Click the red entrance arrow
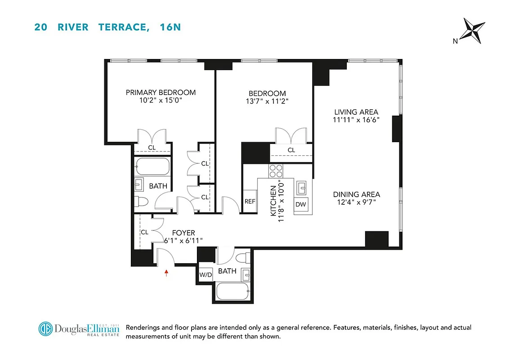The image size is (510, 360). click(166, 272)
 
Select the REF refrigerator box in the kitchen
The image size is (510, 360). click(250, 202)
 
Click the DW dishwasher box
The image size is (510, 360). click(300, 204)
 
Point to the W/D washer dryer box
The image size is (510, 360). click(206, 274)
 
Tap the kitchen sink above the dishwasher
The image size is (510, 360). click(301, 187)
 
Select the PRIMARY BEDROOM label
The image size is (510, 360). click(161, 92)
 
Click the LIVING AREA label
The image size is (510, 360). click(356, 112)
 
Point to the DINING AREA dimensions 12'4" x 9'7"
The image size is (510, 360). click(357, 202)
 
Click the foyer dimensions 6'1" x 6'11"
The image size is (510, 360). click(183, 241)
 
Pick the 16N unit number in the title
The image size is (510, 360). click(170, 27)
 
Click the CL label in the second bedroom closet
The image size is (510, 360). click(291, 150)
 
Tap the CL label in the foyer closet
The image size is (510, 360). click(144, 232)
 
